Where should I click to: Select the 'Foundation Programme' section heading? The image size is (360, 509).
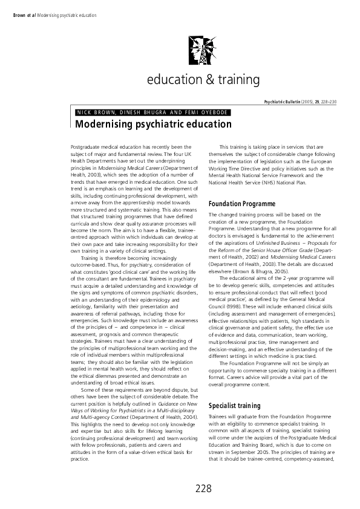242,203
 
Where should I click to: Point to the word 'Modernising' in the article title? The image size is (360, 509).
103,124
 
